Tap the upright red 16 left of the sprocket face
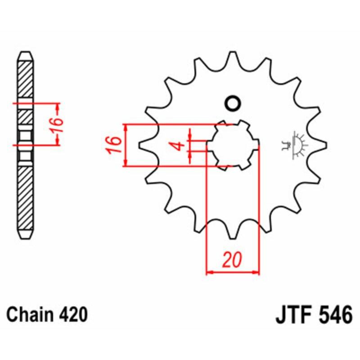(x=115, y=145)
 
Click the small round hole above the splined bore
(x=233, y=103)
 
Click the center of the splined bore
(x=232, y=145)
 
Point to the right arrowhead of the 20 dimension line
(x=257, y=272)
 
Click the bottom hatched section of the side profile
(x=25, y=198)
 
